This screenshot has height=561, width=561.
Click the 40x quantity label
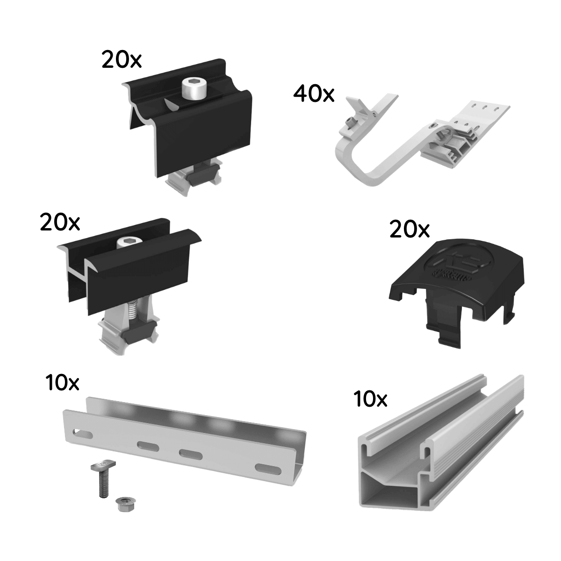(314, 94)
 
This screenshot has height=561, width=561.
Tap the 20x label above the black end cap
(410, 230)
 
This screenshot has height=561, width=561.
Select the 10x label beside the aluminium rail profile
(370, 399)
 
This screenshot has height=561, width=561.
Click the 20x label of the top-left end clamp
(122, 60)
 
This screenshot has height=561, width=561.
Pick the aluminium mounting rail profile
(444, 449)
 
